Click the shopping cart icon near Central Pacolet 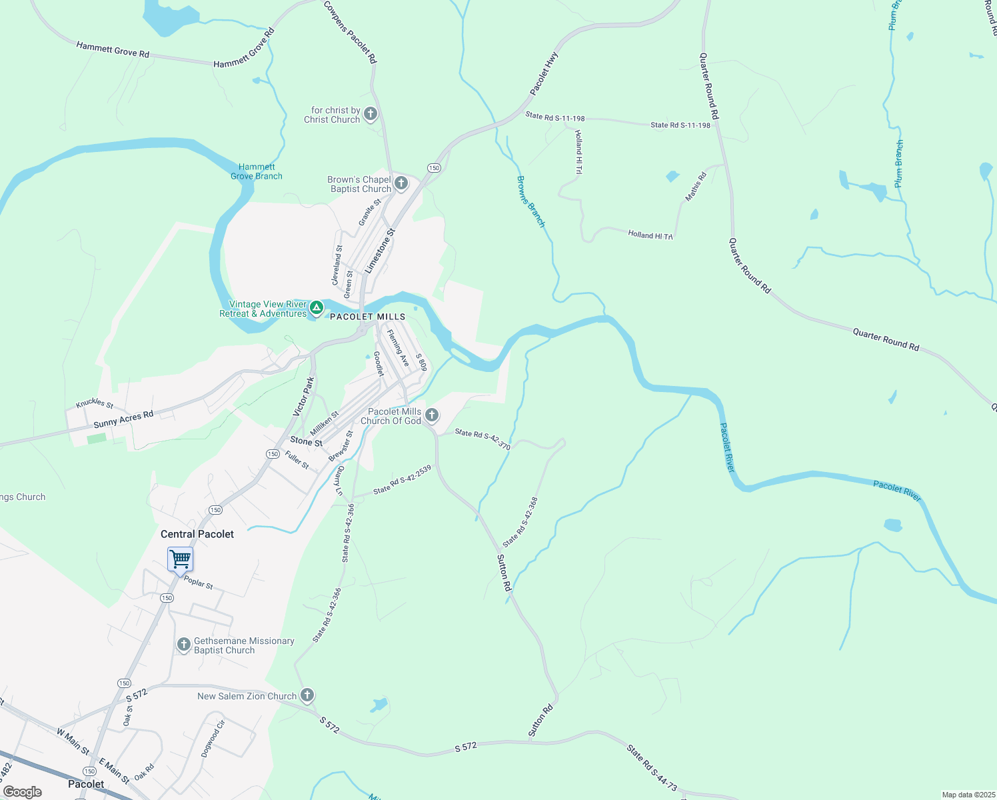coord(180,559)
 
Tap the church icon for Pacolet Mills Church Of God coord(432,416)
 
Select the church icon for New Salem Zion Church coord(307,695)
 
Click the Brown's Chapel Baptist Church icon coord(401,183)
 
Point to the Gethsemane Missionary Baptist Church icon coord(183,645)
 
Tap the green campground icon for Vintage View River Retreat coord(317,308)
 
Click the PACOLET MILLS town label coord(368,317)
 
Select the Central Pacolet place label coord(197,534)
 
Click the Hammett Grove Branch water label coord(257,172)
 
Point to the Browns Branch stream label coord(531,201)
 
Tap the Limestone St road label coord(380,251)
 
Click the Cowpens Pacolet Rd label coord(351,32)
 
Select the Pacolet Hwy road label coord(544,73)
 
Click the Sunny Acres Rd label coord(123,419)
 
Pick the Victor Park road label coord(303,397)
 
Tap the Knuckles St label coord(95,403)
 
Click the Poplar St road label coord(198,582)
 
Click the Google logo coord(23,792)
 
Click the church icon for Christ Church coord(371,114)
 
